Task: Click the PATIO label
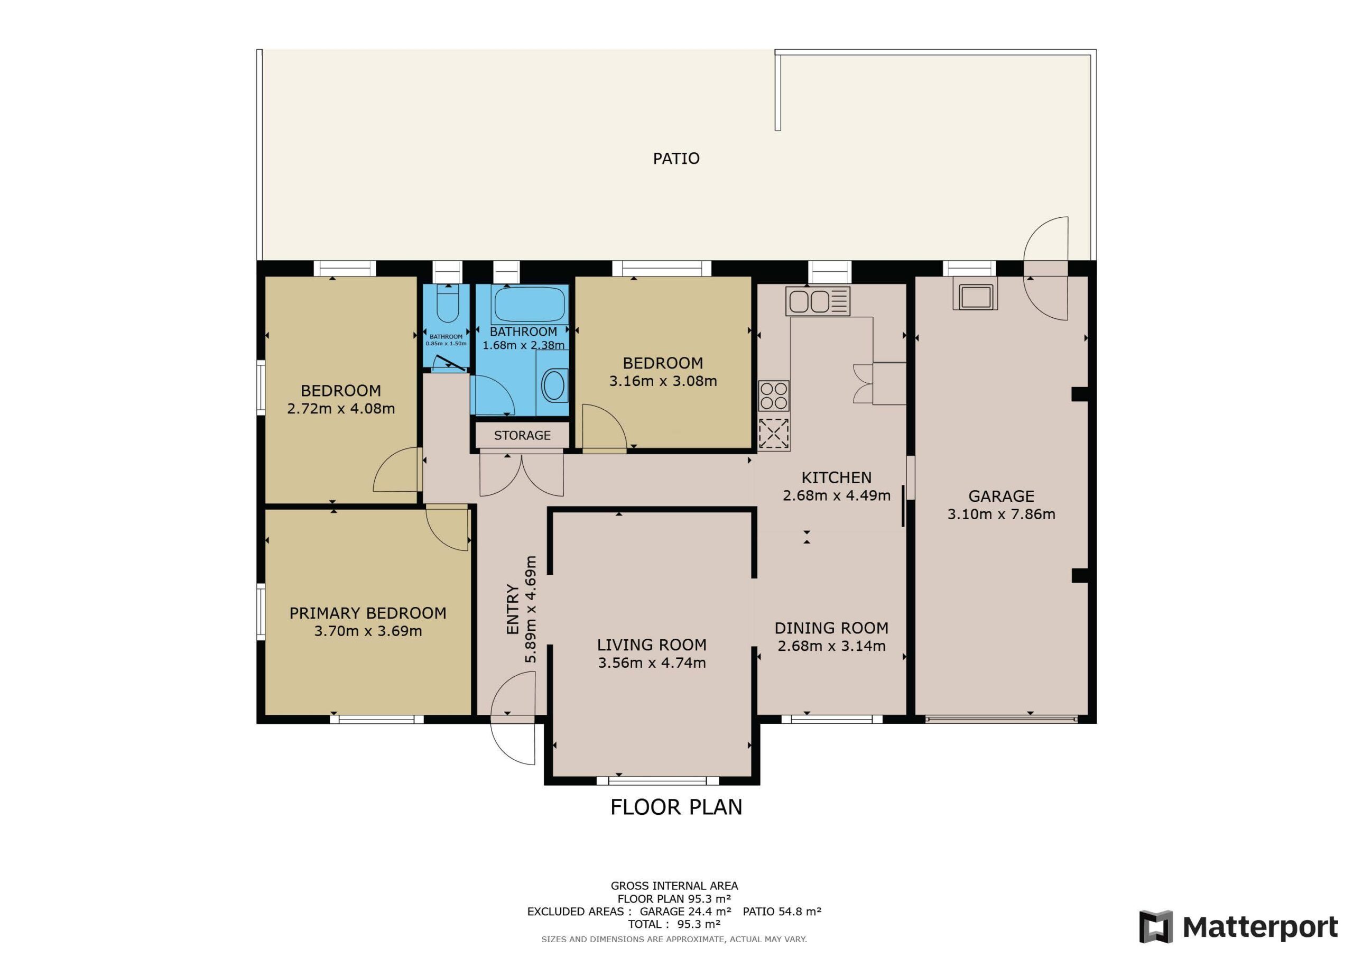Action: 676,158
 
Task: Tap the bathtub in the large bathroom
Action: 529,303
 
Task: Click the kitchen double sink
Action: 817,301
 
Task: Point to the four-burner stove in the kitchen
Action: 774,396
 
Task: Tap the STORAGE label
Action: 522,435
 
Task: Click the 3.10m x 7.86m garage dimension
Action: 1001,514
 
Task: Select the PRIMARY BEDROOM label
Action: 368,613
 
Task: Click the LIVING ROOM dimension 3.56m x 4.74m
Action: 652,663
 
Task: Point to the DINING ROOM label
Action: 831,628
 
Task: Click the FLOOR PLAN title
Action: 676,807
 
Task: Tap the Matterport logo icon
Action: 1155,927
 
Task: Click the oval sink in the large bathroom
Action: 553,385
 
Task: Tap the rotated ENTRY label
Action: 513,609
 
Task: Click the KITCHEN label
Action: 836,477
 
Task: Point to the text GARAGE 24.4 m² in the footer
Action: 685,912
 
